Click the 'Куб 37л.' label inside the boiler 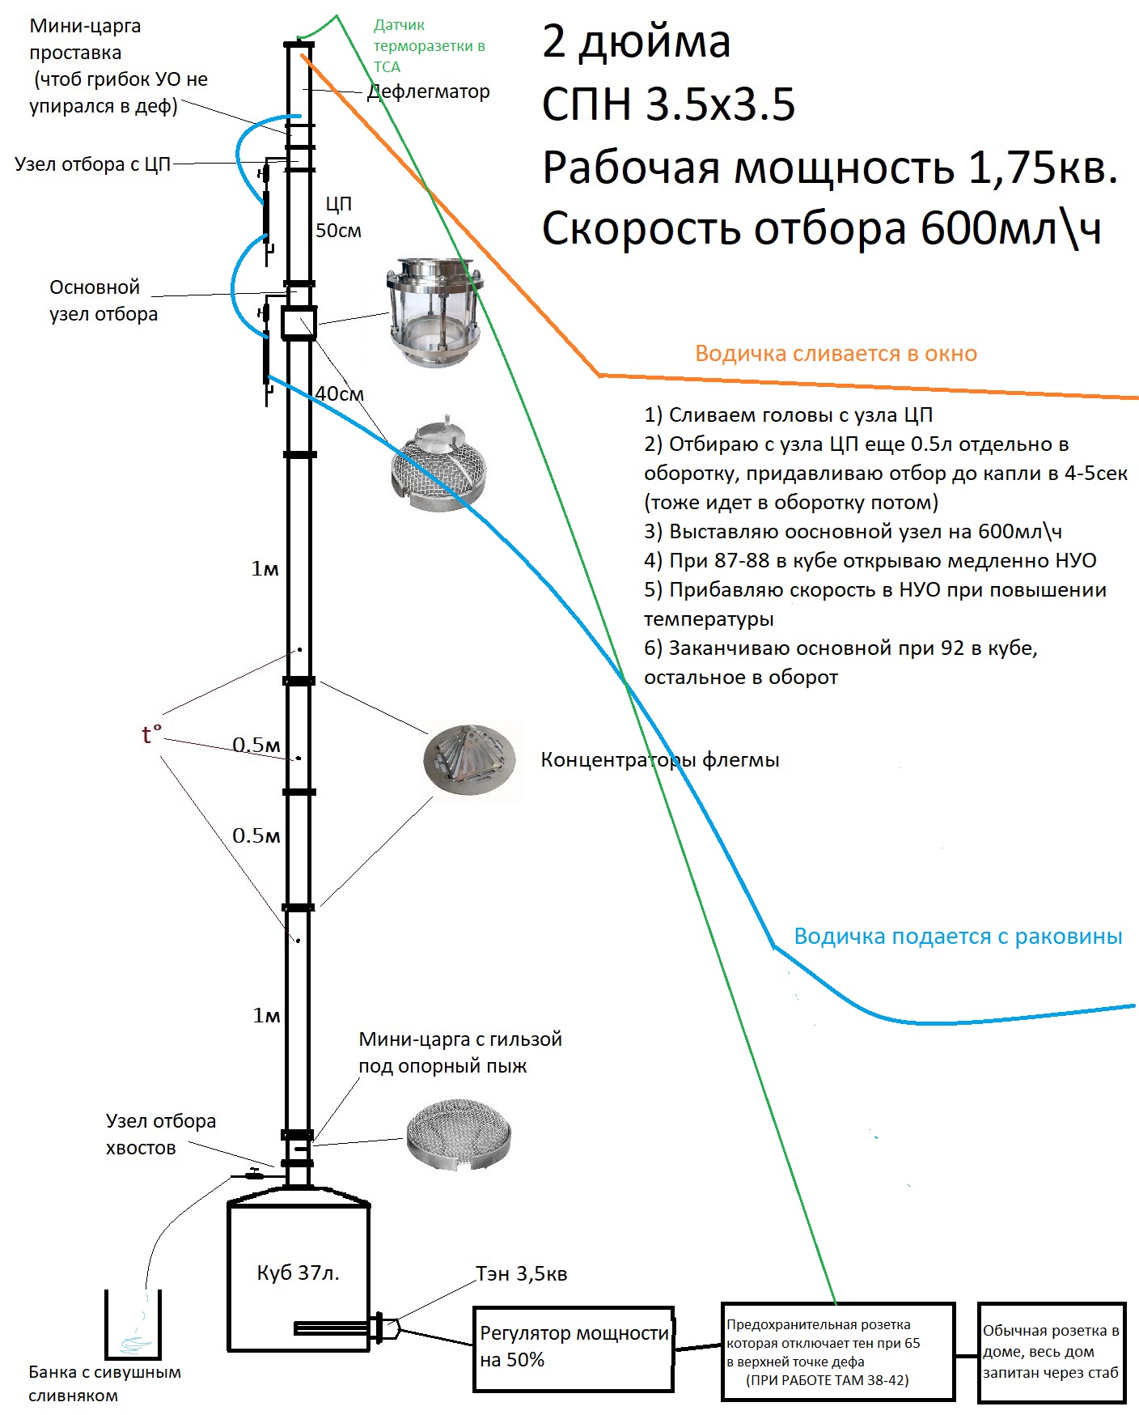pos(298,1273)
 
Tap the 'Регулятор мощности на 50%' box pos(574,1348)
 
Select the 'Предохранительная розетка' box pos(837,1351)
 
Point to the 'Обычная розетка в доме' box pos(1051,1352)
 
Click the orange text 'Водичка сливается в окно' pos(836,354)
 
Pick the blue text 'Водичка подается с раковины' pos(958,937)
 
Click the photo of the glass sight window pos(434,311)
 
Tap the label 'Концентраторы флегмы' pos(659,760)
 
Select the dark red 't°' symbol pos(151,734)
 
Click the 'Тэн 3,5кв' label pos(522,1273)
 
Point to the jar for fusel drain pos(133,1325)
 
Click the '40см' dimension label pos(339,394)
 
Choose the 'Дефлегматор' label pos(429,91)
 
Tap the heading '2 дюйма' pos(636,42)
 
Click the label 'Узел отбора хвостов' pos(160,1134)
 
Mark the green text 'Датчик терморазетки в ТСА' pos(428,46)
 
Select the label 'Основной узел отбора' pos(103,300)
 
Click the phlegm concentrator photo pos(469,759)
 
